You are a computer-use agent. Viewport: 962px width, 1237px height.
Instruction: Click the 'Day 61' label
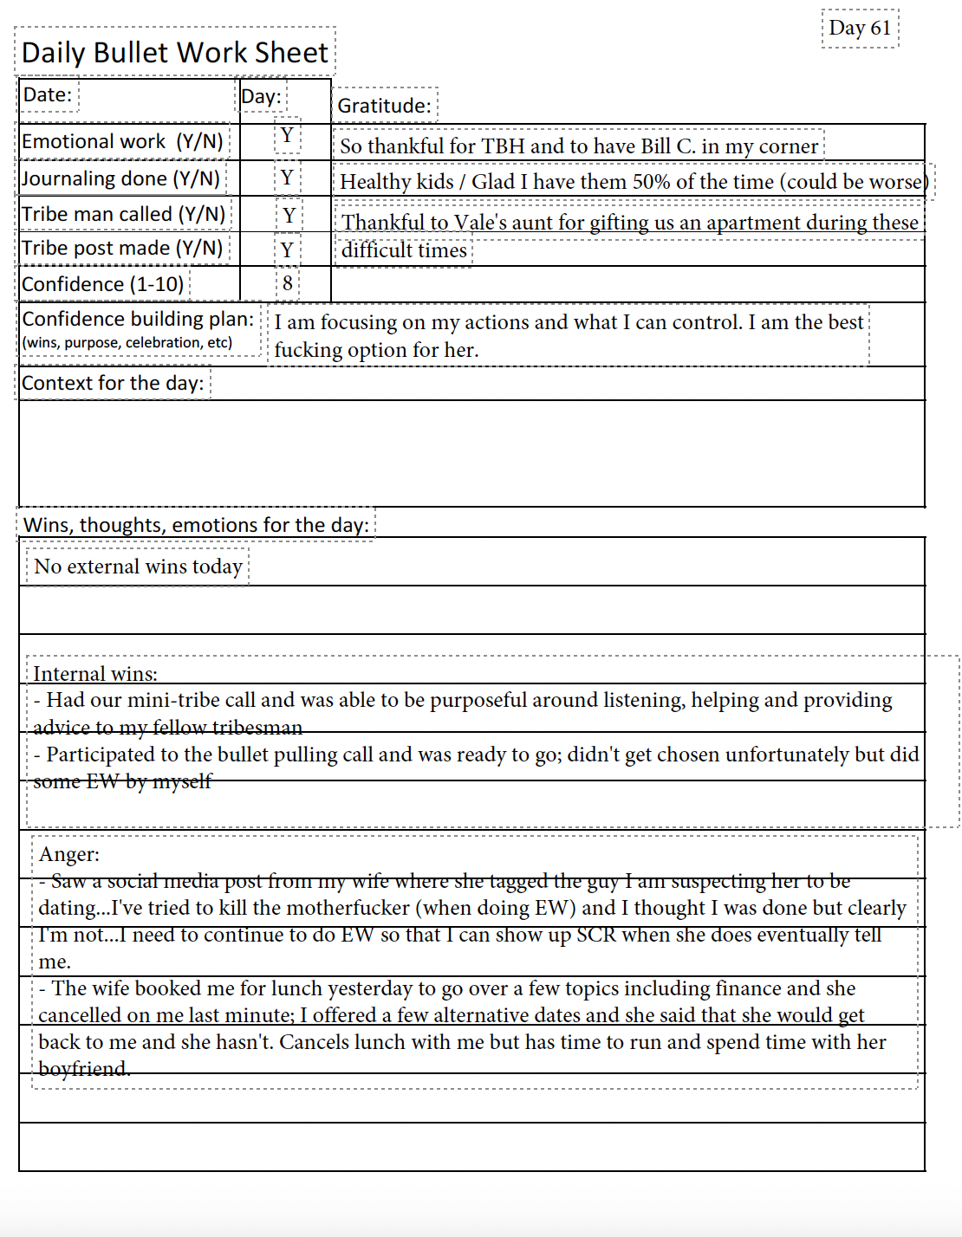[x=860, y=28]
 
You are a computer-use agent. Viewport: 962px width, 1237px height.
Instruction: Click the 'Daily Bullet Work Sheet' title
[x=175, y=53]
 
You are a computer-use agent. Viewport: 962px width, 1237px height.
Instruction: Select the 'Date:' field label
[x=48, y=94]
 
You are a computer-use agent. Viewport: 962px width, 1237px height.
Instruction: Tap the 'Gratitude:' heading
[x=384, y=106]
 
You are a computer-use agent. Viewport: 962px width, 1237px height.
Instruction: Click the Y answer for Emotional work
[x=287, y=136]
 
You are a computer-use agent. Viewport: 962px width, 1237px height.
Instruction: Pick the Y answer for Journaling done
[x=287, y=178]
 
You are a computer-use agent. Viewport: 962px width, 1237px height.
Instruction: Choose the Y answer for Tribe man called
[x=289, y=215]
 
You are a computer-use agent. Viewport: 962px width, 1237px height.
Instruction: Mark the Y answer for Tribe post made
[x=287, y=250]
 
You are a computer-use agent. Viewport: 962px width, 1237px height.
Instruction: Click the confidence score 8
[x=288, y=283]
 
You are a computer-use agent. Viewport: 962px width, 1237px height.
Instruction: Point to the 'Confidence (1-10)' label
[x=102, y=284]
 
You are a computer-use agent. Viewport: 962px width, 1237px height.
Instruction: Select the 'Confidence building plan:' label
[x=138, y=319]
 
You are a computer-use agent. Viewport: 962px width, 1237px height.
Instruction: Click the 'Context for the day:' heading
[x=113, y=383]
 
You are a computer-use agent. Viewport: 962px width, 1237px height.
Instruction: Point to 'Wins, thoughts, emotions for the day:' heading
[x=196, y=525]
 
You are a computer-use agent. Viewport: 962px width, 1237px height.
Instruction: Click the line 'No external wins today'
[x=138, y=567]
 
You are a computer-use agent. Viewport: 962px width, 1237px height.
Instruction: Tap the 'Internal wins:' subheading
[x=95, y=674]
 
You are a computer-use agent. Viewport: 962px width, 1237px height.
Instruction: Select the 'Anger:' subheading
[x=69, y=854]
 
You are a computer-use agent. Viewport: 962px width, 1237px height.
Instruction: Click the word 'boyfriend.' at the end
[x=84, y=1069]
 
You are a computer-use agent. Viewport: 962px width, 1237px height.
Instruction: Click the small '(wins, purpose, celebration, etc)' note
[x=127, y=342]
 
